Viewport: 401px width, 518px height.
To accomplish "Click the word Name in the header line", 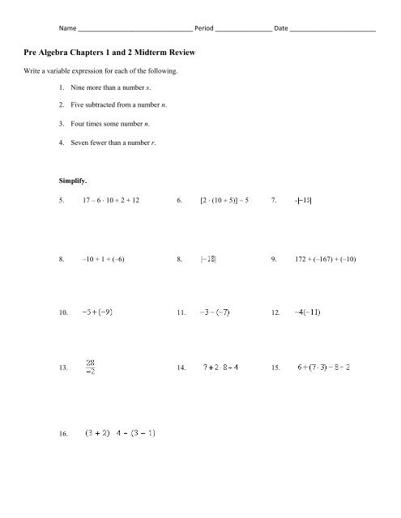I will tap(61, 28).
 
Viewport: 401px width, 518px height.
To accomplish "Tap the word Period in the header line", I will tap(206, 28).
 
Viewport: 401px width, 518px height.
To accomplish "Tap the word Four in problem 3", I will tap(79, 124).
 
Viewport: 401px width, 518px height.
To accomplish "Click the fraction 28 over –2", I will tap(92, 367).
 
